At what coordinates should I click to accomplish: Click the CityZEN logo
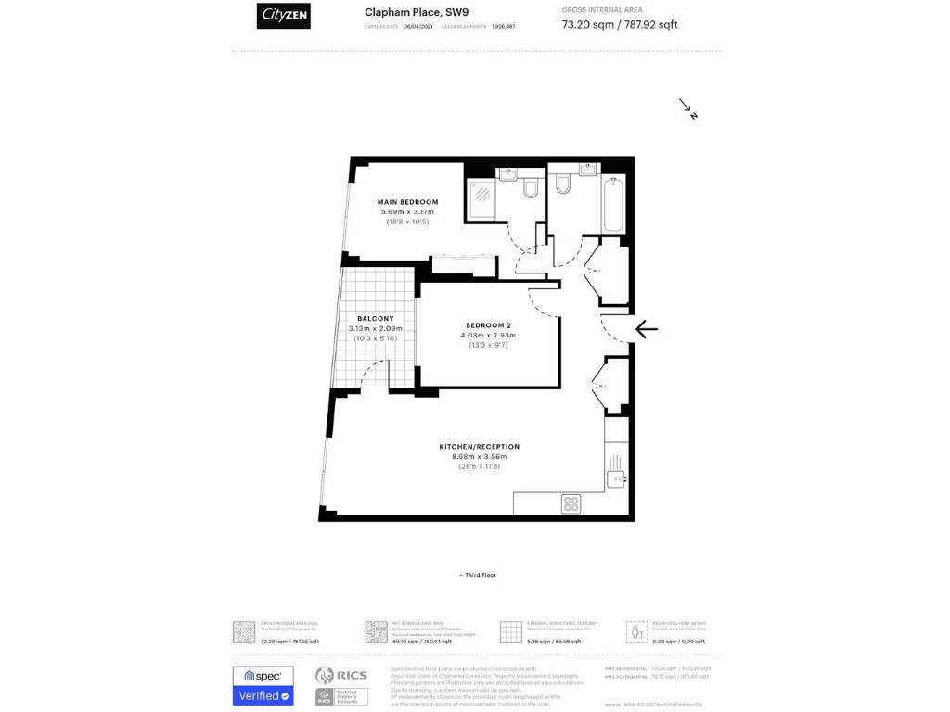[283, 15]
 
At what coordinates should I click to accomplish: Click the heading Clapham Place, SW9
[404, 12]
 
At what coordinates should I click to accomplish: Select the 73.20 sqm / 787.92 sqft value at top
[620, 25]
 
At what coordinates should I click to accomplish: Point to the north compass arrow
[687, 109]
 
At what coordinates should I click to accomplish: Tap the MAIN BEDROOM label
[407, 201]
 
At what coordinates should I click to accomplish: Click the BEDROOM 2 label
[489, 324]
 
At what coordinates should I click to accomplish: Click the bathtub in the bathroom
[612, 204]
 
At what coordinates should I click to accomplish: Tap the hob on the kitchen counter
[571, 504]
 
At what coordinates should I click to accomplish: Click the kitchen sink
[617, 478]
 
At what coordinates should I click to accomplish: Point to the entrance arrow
[647, 328]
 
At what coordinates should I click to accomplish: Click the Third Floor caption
[479, 575]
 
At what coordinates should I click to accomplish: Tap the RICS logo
[341, 676]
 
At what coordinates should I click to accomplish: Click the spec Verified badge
[263, 686]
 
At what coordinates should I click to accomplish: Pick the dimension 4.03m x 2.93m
[490, 335]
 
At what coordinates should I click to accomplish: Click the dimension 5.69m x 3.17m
[407, 212]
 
